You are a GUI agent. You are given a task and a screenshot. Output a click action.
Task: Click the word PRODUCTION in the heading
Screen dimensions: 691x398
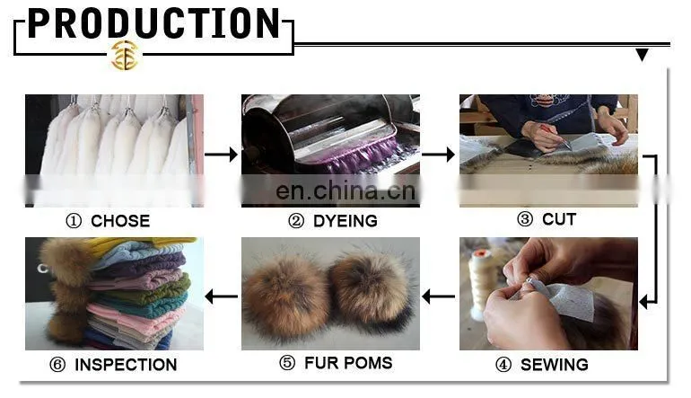tap(153, 23)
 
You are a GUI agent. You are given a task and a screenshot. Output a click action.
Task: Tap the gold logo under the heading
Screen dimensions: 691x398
tap(125, 56)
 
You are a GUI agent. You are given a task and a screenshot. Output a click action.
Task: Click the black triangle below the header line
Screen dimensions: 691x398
tap(642, 55)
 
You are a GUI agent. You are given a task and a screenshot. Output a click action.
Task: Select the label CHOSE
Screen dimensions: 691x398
tap(120, 221)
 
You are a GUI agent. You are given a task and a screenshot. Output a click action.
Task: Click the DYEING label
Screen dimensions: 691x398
tap(345, 221)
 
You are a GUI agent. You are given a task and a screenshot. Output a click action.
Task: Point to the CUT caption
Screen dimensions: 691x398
tap(559, 219)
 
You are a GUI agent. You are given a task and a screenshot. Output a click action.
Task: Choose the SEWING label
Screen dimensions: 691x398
tap(555, 365)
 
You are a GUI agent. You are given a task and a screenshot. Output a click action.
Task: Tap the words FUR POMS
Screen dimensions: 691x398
tap(348, 363)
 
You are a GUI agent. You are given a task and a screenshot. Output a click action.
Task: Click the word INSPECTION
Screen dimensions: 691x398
tap(126, 365)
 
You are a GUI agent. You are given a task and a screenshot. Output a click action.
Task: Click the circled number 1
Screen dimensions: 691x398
tap(74, 221)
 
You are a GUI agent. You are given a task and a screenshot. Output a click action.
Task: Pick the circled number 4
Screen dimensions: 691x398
tap(503, 365)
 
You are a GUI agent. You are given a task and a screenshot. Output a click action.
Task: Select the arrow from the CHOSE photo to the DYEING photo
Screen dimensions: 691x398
tap(222, 155)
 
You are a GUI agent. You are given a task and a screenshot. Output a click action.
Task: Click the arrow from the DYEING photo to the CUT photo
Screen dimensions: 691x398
tap(438, 155)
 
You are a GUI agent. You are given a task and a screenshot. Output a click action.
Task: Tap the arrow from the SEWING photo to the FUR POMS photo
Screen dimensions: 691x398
tap(439, 296)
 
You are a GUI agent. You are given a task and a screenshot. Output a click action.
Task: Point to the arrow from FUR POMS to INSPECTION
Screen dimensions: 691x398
tap(222, 296)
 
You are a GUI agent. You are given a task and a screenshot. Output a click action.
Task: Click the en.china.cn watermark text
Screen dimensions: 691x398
tap(345, 191)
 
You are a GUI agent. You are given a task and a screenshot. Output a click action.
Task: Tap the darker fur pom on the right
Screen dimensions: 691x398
tap(371, 291)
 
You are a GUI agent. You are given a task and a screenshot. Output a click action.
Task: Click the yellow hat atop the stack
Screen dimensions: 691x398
tap(145, 245)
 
